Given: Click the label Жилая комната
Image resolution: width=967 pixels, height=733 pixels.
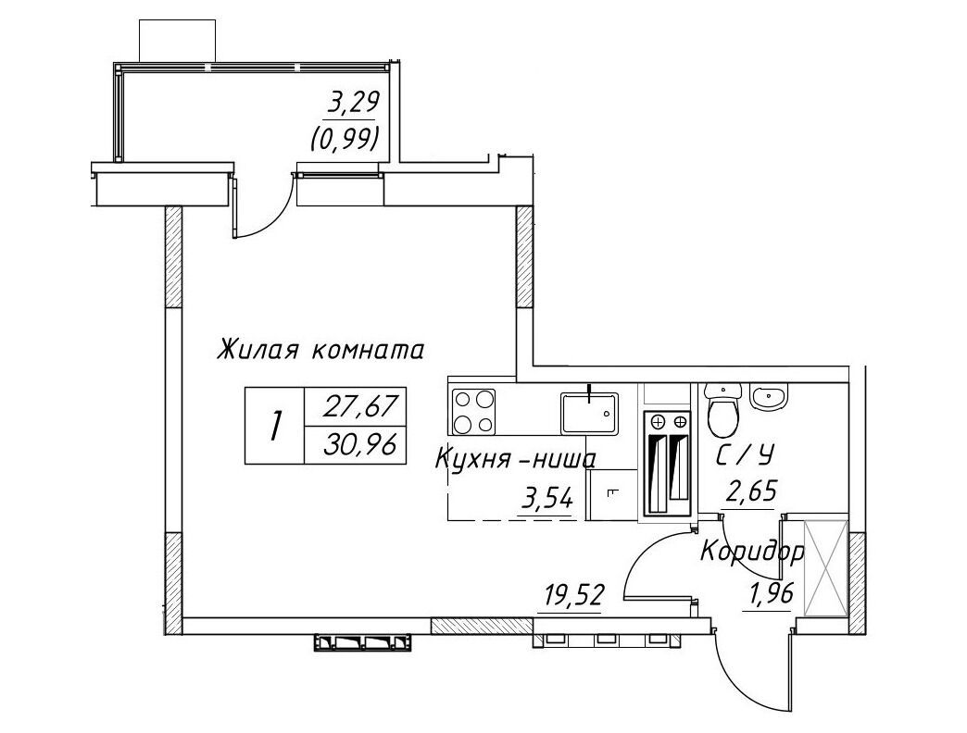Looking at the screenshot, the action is [320, 350].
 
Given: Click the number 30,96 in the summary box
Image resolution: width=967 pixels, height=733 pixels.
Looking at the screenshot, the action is [359, 443].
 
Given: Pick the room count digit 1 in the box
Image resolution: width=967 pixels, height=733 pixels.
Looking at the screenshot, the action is [275, 427].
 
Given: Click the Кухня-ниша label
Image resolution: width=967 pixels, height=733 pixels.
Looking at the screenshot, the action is [516, 459].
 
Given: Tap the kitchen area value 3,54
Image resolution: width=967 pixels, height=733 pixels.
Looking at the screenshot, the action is [547, 497].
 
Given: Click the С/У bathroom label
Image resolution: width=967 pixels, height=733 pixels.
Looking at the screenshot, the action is [745, 456].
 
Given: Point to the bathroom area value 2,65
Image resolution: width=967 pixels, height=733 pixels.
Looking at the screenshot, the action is [749, 492].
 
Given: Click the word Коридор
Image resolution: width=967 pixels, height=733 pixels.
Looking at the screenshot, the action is [752, 552].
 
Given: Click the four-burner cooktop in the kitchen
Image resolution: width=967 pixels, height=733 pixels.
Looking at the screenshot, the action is [473, 410].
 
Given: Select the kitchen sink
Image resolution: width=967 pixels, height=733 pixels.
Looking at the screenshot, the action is [590, 412].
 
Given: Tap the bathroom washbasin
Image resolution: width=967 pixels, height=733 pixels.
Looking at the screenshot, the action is [769, 395].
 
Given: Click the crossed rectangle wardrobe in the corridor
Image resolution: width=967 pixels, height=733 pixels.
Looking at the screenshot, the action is [826, 567].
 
